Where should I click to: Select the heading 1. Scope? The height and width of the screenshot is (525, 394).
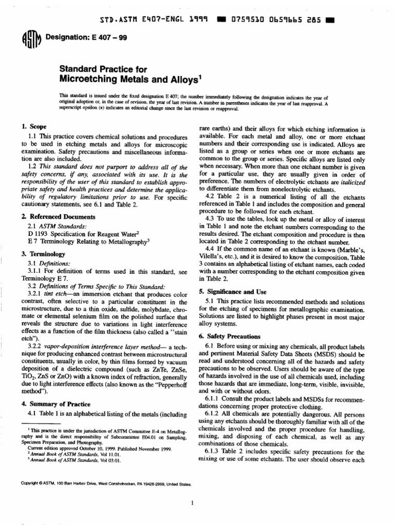click(34, 126)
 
